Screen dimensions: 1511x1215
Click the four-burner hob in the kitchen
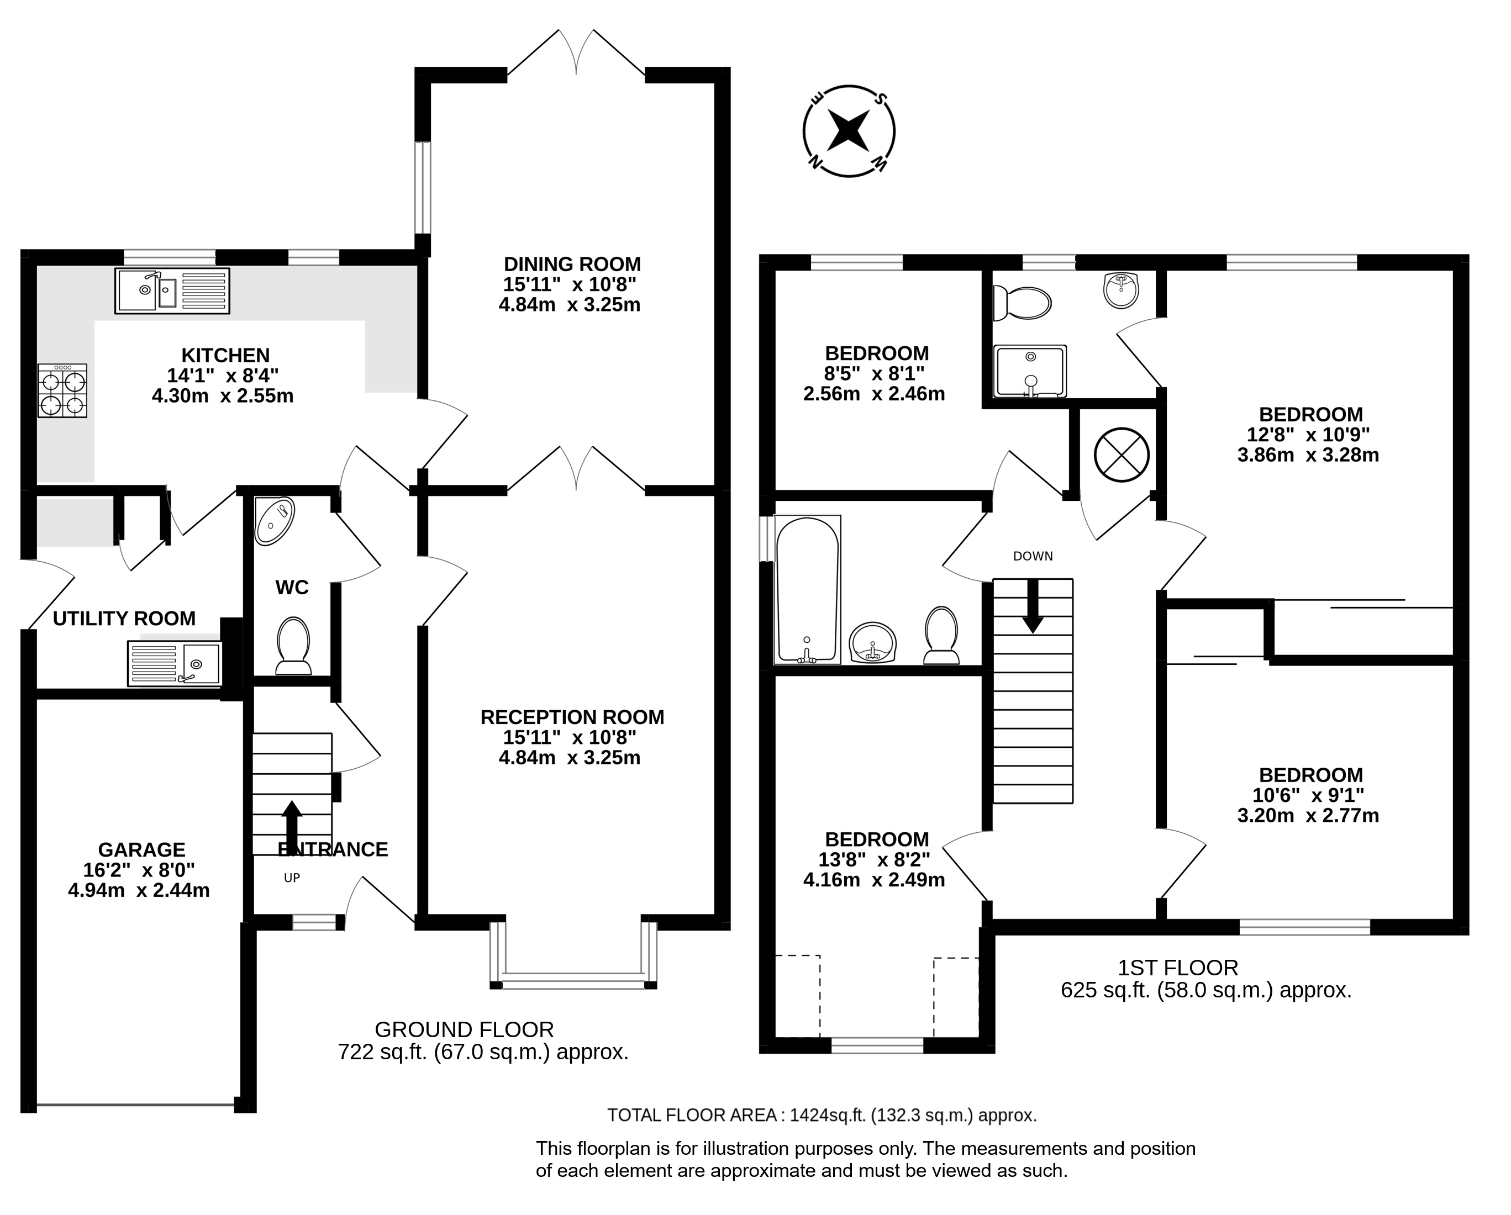point(62,391)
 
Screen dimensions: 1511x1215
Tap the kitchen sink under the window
point(172,291)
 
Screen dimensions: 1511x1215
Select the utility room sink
point(175,663)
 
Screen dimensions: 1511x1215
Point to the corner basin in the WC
point(274,521)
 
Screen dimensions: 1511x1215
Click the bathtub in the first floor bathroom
point(807,590)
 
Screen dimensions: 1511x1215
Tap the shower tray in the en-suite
point(1030,371)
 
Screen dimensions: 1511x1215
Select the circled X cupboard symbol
point(1122,454)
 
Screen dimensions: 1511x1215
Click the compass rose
point(849,131)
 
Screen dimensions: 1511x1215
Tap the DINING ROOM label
point(572,264)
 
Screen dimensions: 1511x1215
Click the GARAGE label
point(141,850)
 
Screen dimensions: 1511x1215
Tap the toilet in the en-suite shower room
point(1023,303)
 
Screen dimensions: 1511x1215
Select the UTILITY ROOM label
point(124,619)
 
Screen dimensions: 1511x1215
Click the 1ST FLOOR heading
point(1177,968)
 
